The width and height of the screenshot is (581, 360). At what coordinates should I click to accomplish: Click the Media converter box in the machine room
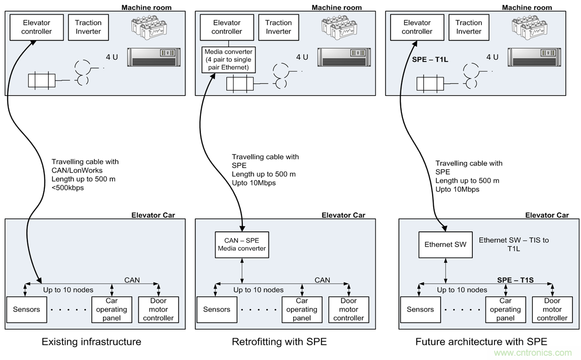(229, 60)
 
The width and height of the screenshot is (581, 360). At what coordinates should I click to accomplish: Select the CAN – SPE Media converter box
(242, 244)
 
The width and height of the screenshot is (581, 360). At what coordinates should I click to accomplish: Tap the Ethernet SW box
(445, 244)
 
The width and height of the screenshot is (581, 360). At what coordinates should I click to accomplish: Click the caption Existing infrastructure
(91, 342)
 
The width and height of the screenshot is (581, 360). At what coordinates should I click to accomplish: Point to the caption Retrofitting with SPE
(279, 342)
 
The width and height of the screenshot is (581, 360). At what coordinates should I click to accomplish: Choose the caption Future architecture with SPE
(481, 342)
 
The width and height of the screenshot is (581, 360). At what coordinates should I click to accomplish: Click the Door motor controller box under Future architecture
(552, 309)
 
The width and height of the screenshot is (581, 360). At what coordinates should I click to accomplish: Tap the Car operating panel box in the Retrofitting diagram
(302, 309)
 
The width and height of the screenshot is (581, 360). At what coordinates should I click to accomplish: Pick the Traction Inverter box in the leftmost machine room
(88, 27)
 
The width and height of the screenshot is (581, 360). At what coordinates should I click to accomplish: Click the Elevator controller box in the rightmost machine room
(417, 27)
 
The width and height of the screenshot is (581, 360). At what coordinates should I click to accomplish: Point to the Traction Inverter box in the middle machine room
(278, 27)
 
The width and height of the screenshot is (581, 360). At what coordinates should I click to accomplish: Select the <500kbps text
(68, 188)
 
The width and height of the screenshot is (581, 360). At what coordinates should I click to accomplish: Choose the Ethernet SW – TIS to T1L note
(513, 244)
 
